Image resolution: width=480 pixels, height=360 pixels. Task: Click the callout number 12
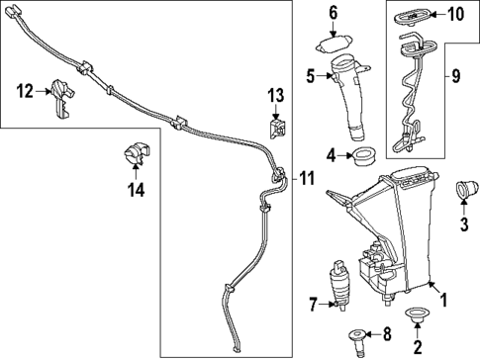(x=25, y=91)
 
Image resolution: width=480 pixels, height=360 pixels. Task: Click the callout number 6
(x=334, y=13)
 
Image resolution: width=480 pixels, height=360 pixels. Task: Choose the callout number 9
(x=456, y=74)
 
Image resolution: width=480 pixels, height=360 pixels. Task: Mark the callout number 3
(x=462, y=224)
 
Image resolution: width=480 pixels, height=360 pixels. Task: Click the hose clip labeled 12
(x=62, y=98)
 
